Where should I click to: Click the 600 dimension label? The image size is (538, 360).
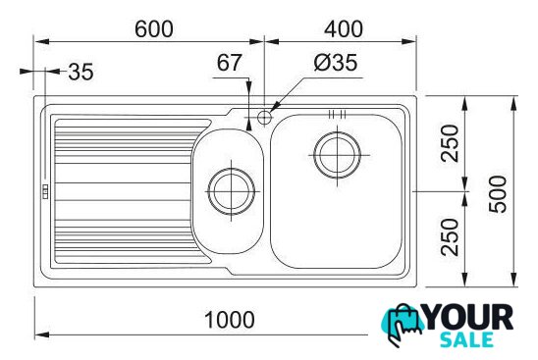154,29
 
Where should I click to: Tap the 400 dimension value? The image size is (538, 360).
344,29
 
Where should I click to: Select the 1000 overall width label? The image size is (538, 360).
229,320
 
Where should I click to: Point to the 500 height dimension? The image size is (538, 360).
498,194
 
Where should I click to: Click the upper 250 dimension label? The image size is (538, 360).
450,143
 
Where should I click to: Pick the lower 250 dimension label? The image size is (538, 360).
450,237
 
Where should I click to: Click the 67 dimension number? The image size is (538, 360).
229,63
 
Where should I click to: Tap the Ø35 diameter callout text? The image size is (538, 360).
336,63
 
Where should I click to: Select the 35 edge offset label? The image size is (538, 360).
81,72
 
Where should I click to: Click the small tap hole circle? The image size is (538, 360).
264,118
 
